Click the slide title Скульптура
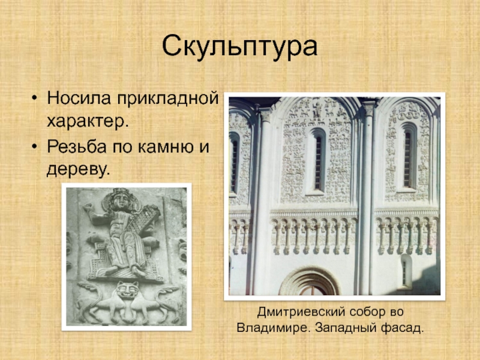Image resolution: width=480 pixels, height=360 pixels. [239, 47]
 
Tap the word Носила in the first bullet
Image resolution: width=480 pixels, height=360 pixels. [79, 98]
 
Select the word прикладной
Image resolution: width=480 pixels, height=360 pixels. [167, 99]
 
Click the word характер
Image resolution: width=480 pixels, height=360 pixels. [87, 122]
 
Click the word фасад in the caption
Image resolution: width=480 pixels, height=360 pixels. [403, 328]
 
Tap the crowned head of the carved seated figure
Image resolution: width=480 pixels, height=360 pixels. [121, 199]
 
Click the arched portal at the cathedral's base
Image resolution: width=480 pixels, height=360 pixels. [309, 281]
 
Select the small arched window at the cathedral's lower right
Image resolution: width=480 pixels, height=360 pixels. [406, 272]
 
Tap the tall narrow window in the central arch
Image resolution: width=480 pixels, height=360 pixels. [319, 161]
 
